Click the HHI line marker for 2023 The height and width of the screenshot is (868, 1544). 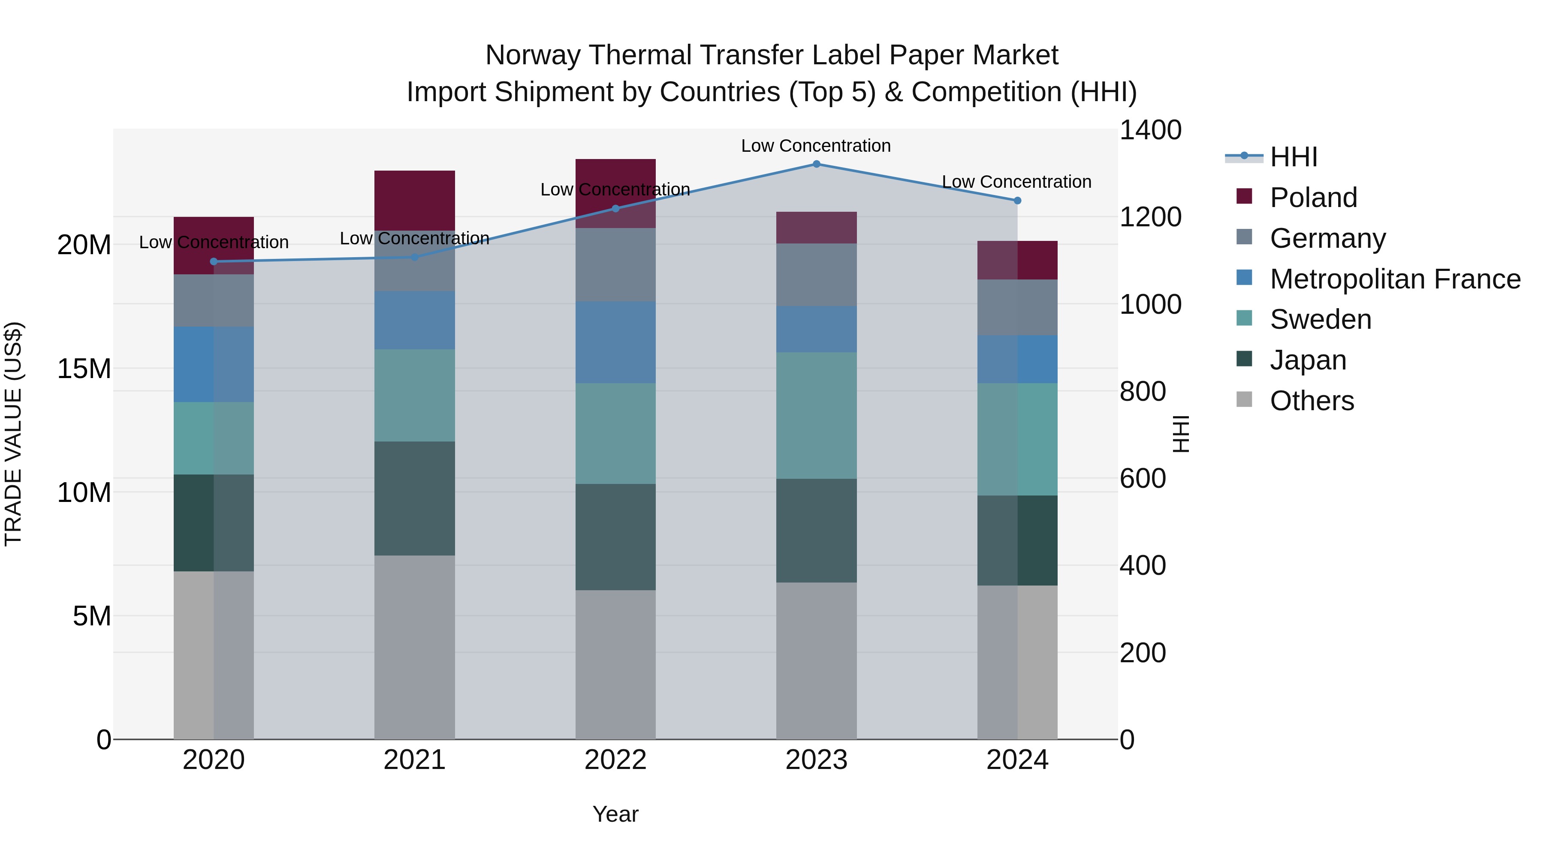point(816,164)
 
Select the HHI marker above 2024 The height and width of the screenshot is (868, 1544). point(1017,201)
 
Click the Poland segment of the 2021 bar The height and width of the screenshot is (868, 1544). point(414,200)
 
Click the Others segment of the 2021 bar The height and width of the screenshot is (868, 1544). point(414,647)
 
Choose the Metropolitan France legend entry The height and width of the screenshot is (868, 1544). point(1395,279)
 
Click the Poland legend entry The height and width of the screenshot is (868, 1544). point(1313,198)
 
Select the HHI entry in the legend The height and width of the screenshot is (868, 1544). point(1294,157)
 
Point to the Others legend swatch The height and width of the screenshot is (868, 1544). point(1244,399)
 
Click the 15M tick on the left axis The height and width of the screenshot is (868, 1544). point(84,368)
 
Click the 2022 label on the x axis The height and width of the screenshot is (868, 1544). point(615,760)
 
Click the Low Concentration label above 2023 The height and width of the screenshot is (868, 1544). point(816,146)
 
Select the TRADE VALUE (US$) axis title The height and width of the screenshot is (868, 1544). point(13,434)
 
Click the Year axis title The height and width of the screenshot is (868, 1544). point(615,814)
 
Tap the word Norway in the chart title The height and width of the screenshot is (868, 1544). point(532,55)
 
